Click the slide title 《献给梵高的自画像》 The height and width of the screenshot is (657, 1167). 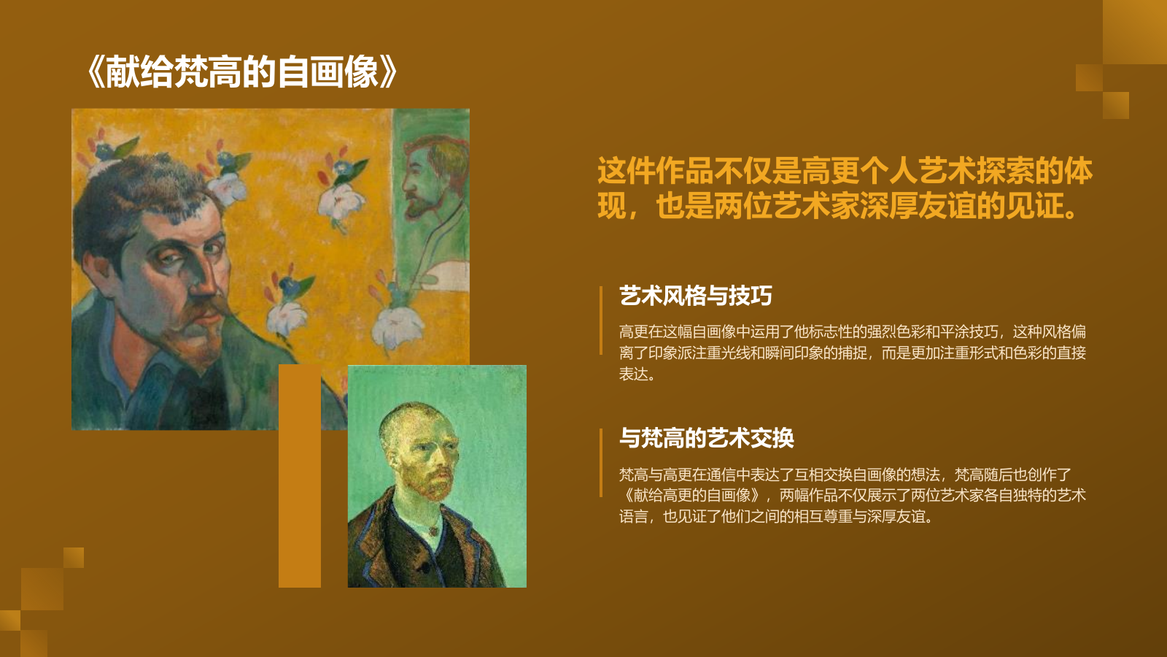pos(241,72)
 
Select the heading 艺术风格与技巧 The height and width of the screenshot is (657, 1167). pos(695,296)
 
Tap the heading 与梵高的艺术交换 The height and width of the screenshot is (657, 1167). pos(706,438)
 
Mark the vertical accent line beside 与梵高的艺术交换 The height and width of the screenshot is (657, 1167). pos(601,462)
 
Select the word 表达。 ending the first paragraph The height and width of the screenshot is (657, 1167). pos(637,374)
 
